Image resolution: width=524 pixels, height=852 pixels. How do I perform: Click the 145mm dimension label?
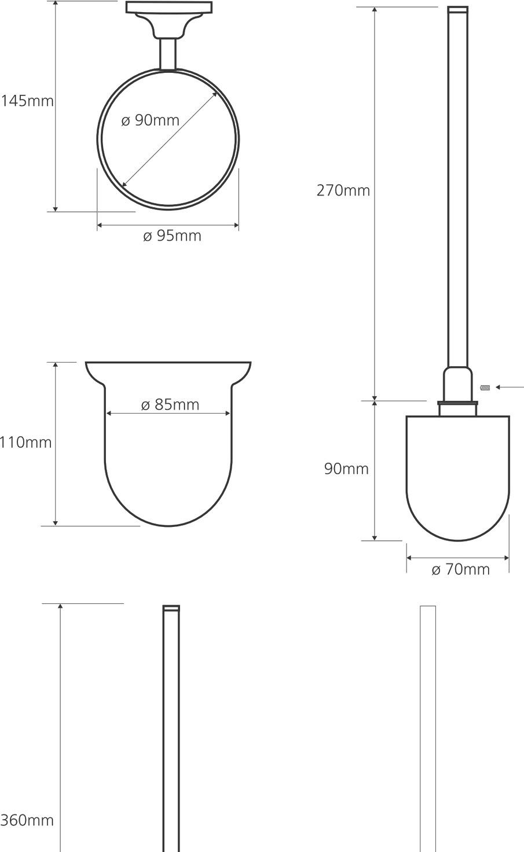click(27, 101)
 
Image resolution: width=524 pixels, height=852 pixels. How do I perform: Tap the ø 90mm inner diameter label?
click(151, 120)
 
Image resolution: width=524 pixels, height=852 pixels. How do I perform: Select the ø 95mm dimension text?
click(172, 236)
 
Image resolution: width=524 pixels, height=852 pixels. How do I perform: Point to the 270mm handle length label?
click(343, 190)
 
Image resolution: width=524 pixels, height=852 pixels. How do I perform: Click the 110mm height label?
click(25, 442)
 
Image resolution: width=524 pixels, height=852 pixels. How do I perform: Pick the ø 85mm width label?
click(170, 405)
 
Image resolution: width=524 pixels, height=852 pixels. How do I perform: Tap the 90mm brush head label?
click(347, 469)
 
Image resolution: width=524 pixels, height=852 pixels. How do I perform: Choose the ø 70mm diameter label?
click(461, 569)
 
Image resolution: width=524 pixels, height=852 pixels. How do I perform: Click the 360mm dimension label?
click(27, 820)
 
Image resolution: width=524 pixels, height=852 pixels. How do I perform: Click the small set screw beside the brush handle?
click(485, 388)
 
